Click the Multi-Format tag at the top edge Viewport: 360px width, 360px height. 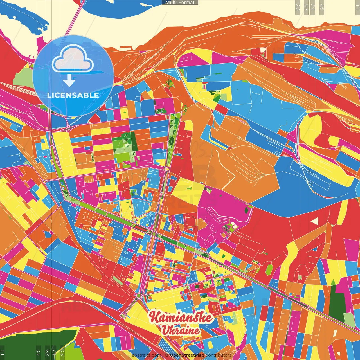[180, 3]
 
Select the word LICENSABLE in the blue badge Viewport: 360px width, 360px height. [73, 95]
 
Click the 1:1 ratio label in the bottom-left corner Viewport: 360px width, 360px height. [3, 353]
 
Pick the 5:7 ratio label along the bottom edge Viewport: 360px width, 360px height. [54, 353]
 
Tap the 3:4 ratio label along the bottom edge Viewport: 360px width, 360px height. [47, 353]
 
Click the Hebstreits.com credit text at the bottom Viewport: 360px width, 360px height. [145, 355]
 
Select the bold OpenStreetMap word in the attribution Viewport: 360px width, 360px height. [187, 355]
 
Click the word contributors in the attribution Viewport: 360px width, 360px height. [219, 355]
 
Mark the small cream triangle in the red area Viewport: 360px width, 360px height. [315, 221]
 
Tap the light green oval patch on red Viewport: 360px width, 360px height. [269, 270]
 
